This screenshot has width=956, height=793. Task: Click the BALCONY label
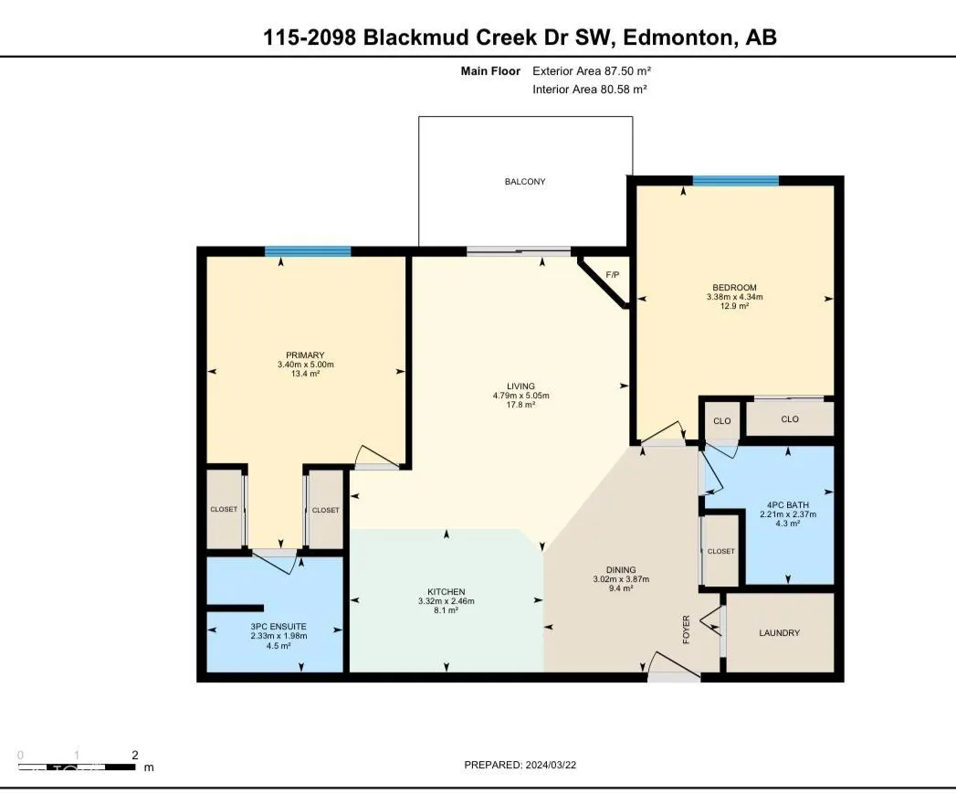tap(525, 182)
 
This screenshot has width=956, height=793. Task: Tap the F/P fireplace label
tap(612, 275)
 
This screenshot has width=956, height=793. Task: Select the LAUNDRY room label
tap(779, 633)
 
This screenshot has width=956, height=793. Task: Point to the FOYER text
tap(686, 629)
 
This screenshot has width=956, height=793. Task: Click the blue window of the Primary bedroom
tap(308, 251)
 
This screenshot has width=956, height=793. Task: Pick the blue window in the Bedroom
tap(736, 181)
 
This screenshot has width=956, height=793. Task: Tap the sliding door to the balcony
tap(519, 251)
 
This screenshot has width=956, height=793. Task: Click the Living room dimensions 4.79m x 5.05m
tap(520, 396)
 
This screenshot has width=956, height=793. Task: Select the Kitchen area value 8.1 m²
tap(446, 610)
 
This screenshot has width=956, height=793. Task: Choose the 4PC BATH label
tap(788, 505)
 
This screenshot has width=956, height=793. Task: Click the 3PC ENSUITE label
tap(278, 627)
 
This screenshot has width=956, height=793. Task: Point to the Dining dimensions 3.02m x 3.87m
tap(621, 579)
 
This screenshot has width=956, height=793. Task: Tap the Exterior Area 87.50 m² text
tap(592, 70)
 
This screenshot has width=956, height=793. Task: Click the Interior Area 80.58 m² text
tap(590, 89)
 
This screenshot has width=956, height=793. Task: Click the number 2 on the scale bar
tap(135, 756)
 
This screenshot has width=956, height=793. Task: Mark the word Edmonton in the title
tap(678, 37)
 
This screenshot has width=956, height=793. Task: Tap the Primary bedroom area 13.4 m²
tap(306, 374)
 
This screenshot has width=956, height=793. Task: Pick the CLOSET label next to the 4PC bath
tap(721, 551)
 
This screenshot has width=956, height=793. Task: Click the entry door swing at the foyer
tap(672, 665)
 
